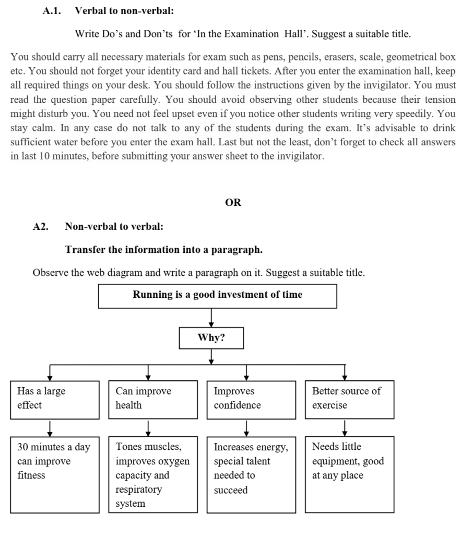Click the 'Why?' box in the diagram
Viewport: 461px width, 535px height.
211,338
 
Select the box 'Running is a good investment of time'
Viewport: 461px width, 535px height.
218,296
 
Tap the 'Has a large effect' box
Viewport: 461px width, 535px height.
55,400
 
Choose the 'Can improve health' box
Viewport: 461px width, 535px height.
153,400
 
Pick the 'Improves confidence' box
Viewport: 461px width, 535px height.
251,400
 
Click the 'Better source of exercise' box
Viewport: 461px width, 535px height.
349,400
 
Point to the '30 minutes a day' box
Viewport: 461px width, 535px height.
55,474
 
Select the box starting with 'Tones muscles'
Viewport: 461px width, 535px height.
153,474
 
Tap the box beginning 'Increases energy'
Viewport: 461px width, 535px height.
251,474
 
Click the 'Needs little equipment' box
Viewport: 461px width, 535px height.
349,474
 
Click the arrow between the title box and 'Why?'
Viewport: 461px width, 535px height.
211,318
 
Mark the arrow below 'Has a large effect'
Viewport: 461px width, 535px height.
50,428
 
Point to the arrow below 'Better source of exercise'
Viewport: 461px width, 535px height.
345,428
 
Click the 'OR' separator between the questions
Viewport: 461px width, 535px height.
233,202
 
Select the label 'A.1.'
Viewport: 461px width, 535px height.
52,11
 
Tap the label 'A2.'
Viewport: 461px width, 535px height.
41,227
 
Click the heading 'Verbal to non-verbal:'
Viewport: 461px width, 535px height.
124,11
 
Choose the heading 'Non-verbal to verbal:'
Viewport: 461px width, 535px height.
114,227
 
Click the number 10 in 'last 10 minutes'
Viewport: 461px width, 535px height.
44,156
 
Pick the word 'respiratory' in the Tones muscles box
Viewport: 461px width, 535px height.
139,490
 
